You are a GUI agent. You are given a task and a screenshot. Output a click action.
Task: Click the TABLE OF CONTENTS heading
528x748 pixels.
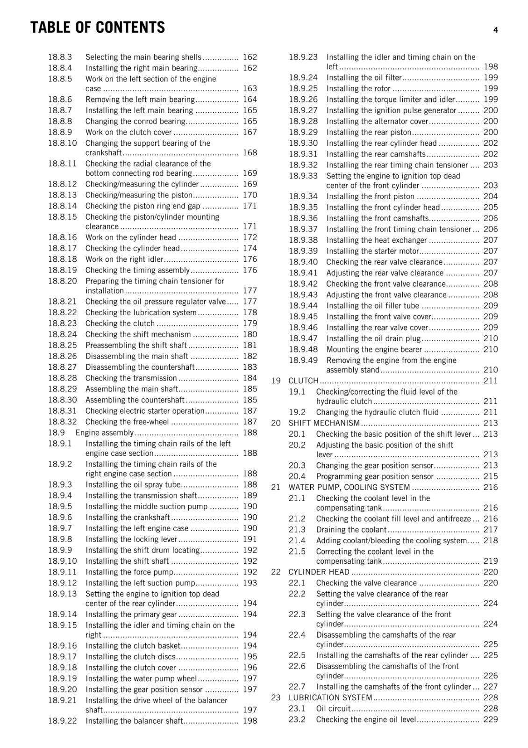(x=98, y=28)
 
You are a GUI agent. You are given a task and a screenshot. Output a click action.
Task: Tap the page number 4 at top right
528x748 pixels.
(x=495, y=30)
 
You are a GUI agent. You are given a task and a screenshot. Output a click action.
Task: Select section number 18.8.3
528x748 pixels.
(x=60, y=57)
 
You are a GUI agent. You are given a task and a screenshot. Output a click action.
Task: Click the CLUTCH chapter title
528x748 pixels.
(x=303, y=381)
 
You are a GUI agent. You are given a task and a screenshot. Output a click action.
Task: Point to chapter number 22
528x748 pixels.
(x=276, y=572)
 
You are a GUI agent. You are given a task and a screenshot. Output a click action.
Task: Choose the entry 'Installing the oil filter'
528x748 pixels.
(x=364, y=78)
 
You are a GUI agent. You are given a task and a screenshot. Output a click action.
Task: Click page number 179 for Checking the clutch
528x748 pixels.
(x=250, y=323)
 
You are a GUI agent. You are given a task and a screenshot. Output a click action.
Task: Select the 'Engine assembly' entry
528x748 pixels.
(x=104, y=432)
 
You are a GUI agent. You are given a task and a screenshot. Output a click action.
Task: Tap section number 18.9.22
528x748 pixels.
(x=62, y=720)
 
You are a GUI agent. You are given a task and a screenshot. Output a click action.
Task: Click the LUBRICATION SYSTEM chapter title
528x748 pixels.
(x=330, y=698)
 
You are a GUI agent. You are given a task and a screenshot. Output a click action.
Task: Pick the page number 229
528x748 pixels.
(x=491, y=719)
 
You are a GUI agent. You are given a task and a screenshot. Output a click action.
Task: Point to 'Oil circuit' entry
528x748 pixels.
(x=333, y=708)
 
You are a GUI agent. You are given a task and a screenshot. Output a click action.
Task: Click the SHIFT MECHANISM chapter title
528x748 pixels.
(x=324, y=423)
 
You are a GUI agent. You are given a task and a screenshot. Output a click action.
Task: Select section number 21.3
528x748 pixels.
(x=297, y=529)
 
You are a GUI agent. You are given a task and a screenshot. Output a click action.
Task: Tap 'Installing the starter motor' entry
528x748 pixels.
(x=372, y=251)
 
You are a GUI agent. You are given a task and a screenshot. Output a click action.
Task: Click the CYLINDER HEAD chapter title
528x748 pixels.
(x=319, y=572)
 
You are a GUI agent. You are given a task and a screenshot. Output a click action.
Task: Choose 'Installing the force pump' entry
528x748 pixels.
(x=129, y=572)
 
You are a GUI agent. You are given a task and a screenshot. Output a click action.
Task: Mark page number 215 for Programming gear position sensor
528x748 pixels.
(x=491, y=476)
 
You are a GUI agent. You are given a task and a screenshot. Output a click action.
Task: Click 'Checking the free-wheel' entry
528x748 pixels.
(x=127, y=422)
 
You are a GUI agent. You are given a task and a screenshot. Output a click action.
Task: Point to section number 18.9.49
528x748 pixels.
(x=303, y=360)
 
